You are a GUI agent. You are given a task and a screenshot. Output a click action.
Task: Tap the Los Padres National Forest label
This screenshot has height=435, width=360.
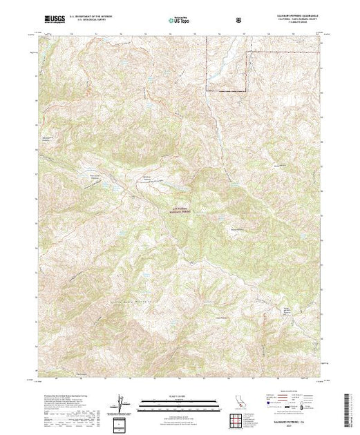point(178,211)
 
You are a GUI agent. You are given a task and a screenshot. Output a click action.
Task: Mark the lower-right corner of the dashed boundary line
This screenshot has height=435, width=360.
point(246,91)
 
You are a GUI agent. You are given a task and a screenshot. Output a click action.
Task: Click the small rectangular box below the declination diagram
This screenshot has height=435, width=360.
point(122,422)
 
